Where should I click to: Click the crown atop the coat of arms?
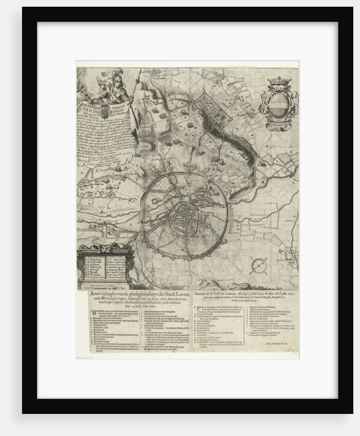pos(279,81)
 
